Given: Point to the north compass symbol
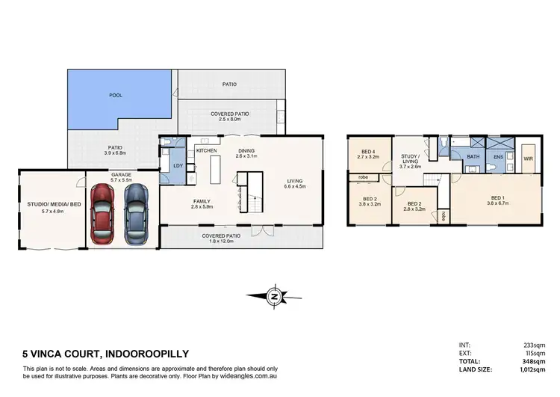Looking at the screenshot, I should tap(276, 297).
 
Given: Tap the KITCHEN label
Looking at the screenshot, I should tap(206, 150).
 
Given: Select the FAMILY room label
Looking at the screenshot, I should tap(202, 201).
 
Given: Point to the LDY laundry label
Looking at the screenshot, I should tap(178, 165).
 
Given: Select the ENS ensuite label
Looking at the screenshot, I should tap(499, 157).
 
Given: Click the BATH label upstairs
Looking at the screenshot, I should tap(473, 156).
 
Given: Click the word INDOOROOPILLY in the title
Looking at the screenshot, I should tap(140, 353).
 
